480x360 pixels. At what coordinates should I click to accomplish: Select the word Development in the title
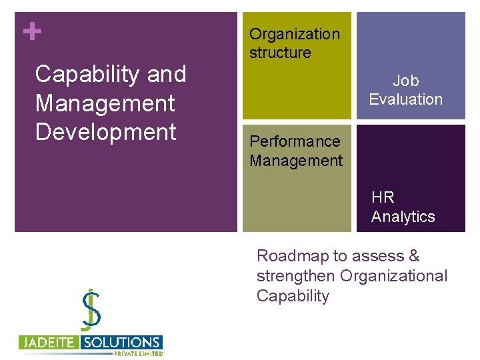point(105,131)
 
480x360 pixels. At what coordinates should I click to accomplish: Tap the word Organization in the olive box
point(294,34)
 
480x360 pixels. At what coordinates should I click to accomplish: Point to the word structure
point(280,53)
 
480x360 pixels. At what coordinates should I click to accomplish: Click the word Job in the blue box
point(405,81)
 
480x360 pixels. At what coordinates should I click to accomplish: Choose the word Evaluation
point(405,99)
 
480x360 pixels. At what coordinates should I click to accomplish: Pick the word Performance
point(294,141)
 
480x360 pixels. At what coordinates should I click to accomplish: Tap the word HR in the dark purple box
point(383,197)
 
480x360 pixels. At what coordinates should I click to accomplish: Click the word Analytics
point(403,217)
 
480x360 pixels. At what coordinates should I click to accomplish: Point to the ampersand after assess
point(414,256)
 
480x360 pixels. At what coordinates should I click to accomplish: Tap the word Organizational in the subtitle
point(394,275)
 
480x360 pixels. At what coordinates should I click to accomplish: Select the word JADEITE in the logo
point(49,343)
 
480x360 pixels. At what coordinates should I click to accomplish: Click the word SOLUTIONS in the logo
point(121,343)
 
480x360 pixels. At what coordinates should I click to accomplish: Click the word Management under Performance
point(295,161)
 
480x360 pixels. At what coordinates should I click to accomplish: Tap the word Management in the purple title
point(105,103)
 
